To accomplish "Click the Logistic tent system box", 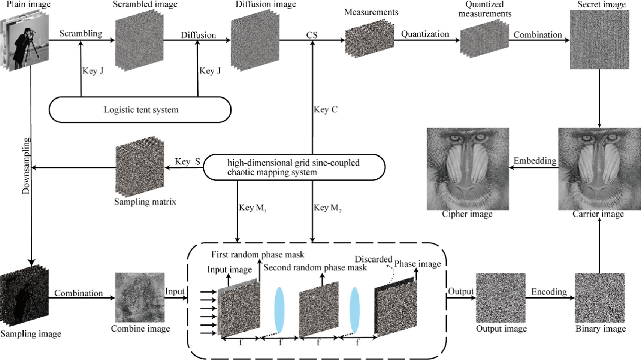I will point(140,110).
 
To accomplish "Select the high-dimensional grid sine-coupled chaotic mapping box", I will point(294,167).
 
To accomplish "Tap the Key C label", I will point(325,109).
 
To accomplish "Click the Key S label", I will point(187,161).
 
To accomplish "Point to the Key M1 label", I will point(252,208).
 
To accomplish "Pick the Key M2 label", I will point(327,208).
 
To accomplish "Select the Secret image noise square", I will point(599,39).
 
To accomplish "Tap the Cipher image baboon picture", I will point(467,169).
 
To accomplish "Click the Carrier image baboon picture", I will point(599,169).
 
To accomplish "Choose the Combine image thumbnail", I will point(140,297).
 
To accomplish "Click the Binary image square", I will point(599,297).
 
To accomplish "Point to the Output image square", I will point(501,297).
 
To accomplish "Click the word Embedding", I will point(535,161).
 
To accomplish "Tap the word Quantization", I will point(425,34).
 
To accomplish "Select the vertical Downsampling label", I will point(26,166).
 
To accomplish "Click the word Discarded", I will point(373,259).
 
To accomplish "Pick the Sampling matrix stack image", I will point(140,167).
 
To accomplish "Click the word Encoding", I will point(549,292).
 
